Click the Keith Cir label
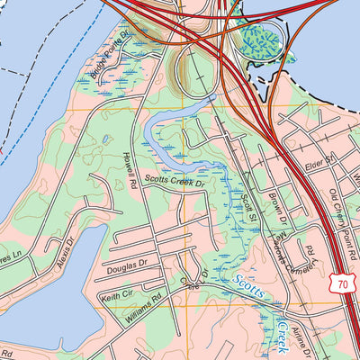coord(117,294)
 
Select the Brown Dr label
coord(274,207)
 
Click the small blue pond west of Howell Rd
coord(106,139)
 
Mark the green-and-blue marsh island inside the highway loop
coord(262,39)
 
